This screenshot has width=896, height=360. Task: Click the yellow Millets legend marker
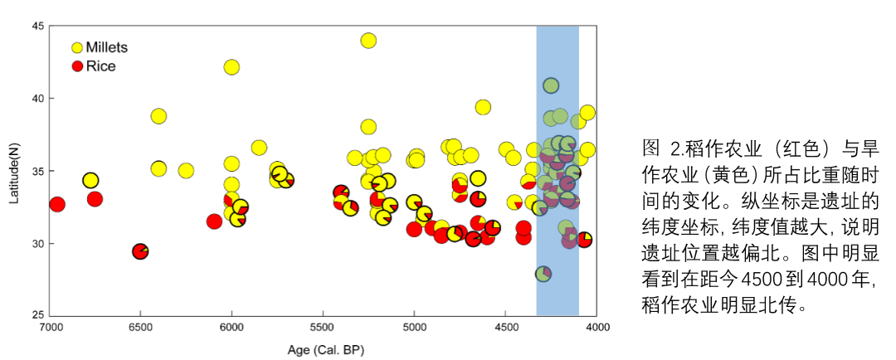[x=77, y=48]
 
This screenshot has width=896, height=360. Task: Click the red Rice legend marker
[x=77, y=66]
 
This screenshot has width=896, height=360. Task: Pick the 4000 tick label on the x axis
[x=597, y=328]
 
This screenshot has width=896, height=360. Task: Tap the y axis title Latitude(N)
[x=12, y=171]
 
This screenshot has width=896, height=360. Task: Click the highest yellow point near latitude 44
[x=368, y=41]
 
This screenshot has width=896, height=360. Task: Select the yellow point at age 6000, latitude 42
[x=231, y=67]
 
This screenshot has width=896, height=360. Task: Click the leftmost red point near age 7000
[x=57, y=204]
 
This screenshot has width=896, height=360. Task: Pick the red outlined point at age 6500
[x=140, y=251]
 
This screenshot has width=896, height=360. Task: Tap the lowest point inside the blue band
[x=543, y=274]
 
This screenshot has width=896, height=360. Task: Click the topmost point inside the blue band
[x=551, y=85]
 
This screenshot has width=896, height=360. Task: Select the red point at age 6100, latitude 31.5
[x=214, y=221]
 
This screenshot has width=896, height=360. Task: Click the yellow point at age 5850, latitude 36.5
[x=259, y=148]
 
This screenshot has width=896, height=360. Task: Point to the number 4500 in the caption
[x=758, y=276]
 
